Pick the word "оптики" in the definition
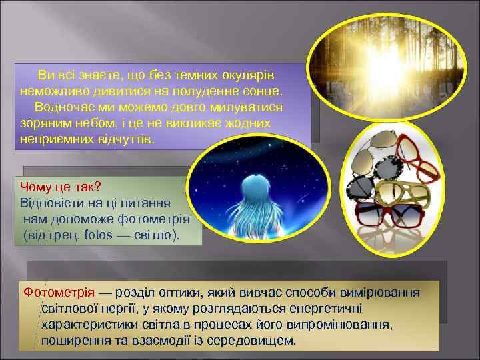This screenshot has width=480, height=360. click(x=169, y=293)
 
